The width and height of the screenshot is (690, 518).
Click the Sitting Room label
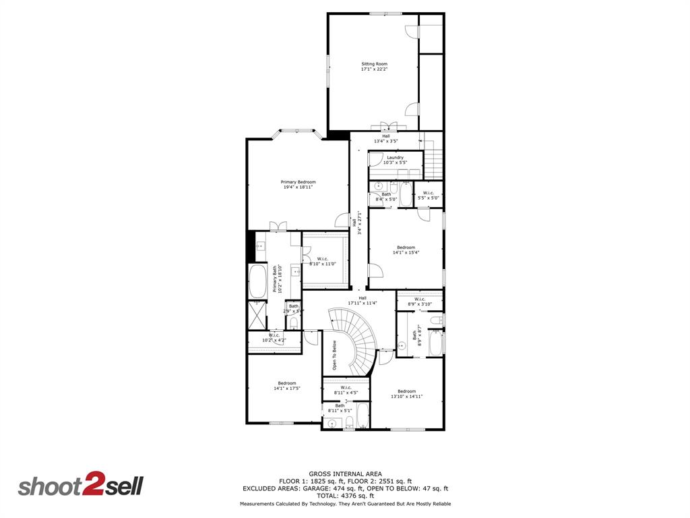374,66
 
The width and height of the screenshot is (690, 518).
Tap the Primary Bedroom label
298,184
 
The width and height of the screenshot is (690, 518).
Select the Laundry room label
395,160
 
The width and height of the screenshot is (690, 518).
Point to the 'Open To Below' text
334,355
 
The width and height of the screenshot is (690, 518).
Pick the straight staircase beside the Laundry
433,162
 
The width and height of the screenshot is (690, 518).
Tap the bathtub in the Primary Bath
257,282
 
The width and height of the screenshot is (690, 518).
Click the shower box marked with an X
257,314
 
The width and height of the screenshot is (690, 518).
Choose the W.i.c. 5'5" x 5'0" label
429,196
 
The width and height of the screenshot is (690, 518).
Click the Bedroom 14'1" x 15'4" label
406,250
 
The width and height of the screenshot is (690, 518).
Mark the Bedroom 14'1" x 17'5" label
286,386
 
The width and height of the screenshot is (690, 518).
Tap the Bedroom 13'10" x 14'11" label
406,394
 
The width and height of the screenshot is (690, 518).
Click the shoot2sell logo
80,486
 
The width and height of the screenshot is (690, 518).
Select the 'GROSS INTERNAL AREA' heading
344,473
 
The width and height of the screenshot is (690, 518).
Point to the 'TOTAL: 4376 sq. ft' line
345,496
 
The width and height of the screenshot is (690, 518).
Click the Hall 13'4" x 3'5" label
385,138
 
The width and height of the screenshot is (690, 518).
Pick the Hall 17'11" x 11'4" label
362,300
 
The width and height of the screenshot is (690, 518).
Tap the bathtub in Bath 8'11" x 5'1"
362,416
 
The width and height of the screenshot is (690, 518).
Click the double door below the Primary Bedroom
274,226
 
